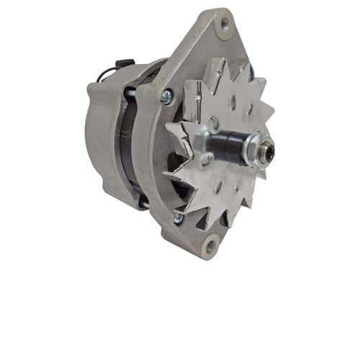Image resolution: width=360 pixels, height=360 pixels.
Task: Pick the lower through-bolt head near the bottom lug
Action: click(x=178, y=217)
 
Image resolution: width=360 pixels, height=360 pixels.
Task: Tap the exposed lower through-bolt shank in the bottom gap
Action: click(x=144, y=204)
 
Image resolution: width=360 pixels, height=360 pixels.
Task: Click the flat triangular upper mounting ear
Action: click(x=209, y=43)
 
